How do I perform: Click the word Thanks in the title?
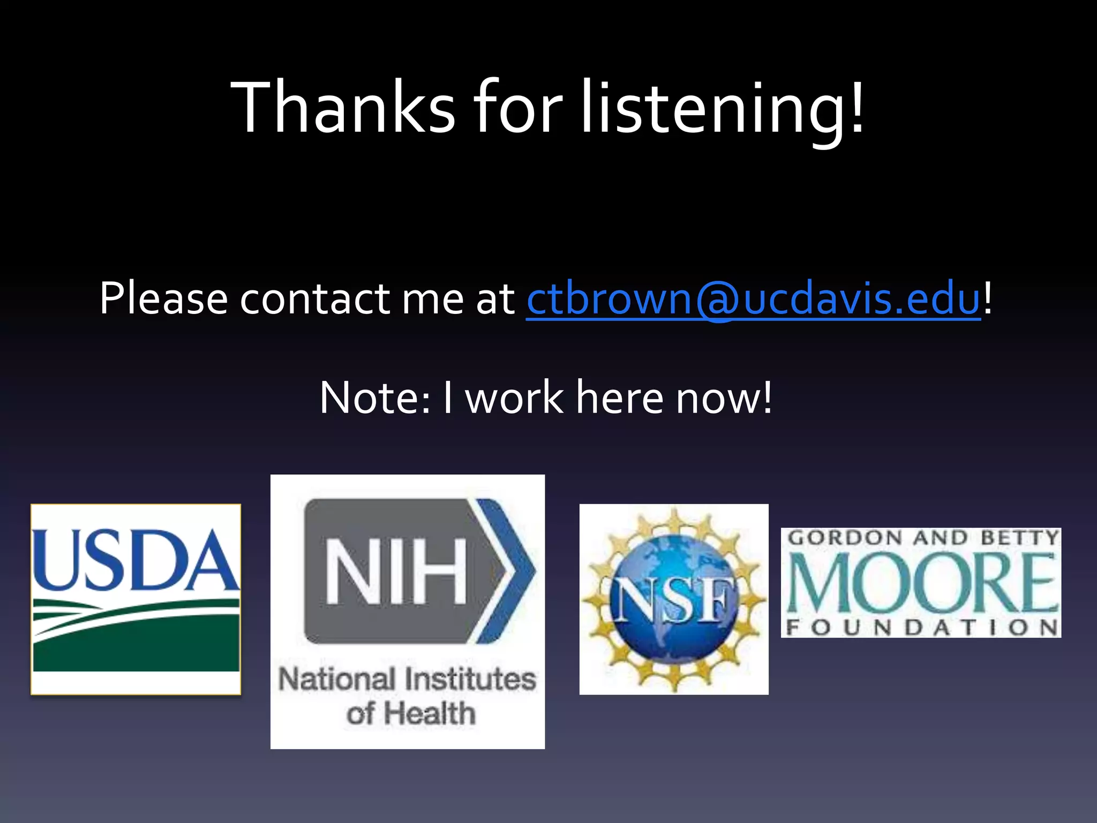coord(343,107)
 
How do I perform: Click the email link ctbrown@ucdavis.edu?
coord(753,298)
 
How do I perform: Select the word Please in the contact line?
coord(163,298)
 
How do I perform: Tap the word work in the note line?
coord(514,398)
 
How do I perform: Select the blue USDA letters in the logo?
coord(135,560)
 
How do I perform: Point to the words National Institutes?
coord(407,679)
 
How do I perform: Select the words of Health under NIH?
coord(411,714)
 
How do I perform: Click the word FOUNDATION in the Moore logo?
coord(921,627)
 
